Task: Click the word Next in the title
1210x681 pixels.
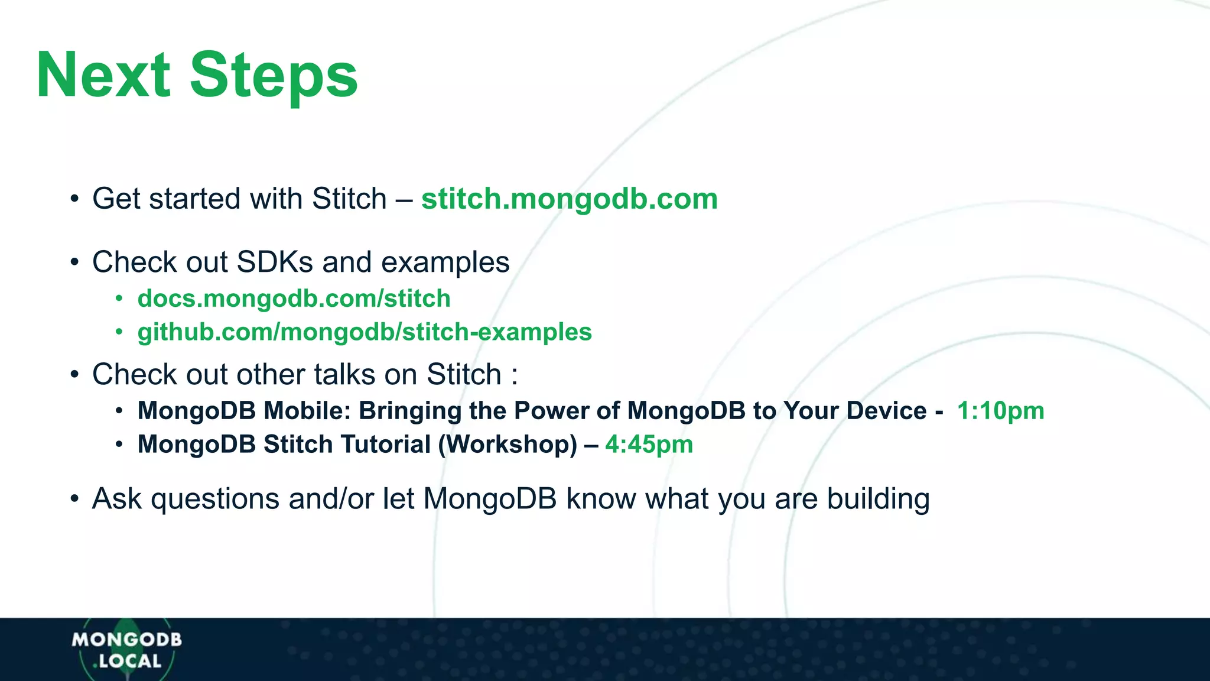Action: click(103, 75)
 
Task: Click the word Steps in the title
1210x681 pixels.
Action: click(274, 75)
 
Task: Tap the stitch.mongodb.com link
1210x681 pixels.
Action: click(569, 199)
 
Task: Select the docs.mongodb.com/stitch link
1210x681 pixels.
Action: click(294, 299)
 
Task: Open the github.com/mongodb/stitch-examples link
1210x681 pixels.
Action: click(365, 332)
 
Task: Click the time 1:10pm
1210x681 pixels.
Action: click(1000, 411)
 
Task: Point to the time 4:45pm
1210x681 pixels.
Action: click(649, 445)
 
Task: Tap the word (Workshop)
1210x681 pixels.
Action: click(508, 445)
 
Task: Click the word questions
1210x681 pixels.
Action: click(215, 499)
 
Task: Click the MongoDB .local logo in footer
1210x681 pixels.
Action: click(126, 650)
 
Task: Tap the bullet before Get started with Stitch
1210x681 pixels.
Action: click(74, 199)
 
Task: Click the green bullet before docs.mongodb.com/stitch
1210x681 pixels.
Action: click(119, 299)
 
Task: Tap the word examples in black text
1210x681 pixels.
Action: click(445, 262)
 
